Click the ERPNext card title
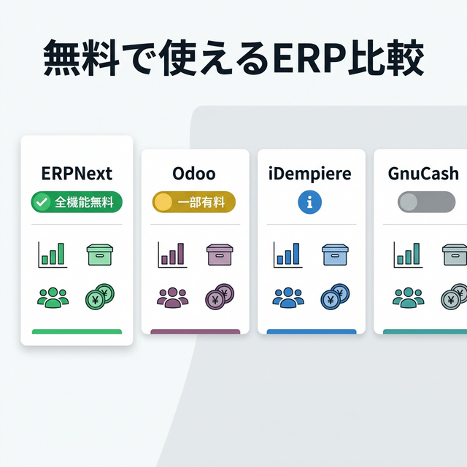(77, 174)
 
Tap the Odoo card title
(194, 174)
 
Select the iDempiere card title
(310, 174)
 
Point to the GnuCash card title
(424, 174)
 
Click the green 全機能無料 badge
(77, 202)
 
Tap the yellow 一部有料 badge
(194, 202)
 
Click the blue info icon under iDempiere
(310, 203)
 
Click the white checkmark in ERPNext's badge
(43, 202)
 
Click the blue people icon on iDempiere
(287, 297)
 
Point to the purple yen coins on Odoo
(218, 297)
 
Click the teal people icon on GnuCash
(407, 297)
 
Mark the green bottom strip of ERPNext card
(77, 332)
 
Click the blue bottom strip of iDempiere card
(312, 332)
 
